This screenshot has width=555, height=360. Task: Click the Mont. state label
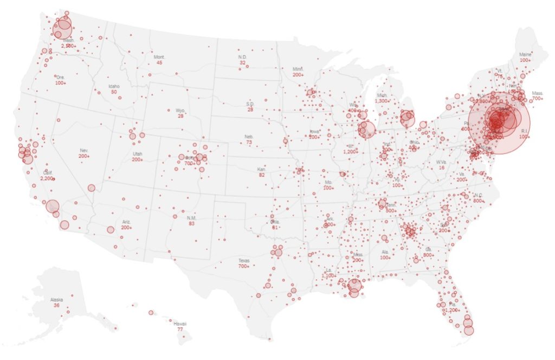tap(159, 57)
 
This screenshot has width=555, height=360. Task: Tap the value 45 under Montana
tap(159, 63)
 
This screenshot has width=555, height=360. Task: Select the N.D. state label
tap(242, 57)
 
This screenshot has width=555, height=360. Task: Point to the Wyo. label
tap(180, 110)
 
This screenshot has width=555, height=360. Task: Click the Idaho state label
tap(114, 86)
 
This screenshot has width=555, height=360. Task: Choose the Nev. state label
tap(84, 150)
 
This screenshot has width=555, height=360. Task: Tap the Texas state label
tap(244, 261)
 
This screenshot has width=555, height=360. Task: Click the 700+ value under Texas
tap(244, 267)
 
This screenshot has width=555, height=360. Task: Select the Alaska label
tap(56, 300)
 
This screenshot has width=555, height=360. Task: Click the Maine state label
tap(525, 54)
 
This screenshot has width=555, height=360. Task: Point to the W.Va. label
tap(441, 162)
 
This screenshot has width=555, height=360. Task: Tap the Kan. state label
tap(261, 169)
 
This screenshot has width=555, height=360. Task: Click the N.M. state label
tap(191, 217)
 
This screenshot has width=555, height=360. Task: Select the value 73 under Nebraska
tap(249, 143)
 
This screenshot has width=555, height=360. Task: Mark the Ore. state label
tap(60, 77)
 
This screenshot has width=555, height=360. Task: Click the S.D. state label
tap(250, 104)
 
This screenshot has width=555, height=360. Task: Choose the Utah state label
tap(137, 154)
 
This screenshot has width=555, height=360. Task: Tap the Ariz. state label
tap(126, 222)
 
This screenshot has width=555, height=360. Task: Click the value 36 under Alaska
tap(56, 306)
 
